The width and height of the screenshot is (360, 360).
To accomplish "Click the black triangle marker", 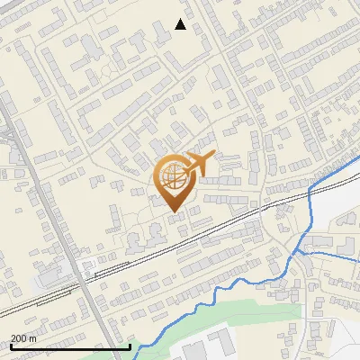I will click(x=181, y=24).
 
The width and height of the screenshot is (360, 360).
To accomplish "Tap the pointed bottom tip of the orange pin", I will click(x=173, y=213).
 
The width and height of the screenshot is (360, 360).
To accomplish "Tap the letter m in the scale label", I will click(x=32, y=338).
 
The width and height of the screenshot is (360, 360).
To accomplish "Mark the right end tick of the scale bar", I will click(x=130, y=346).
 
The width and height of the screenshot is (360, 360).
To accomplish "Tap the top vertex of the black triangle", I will click(x=181, y=19).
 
